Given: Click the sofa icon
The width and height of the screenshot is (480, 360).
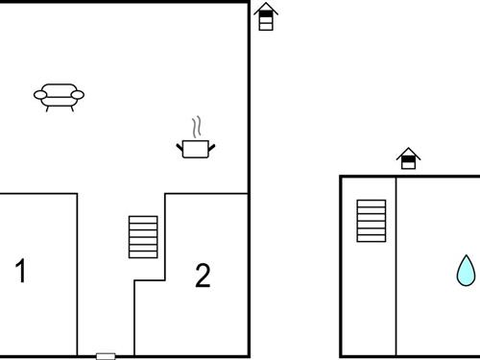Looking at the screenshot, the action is (59, 95).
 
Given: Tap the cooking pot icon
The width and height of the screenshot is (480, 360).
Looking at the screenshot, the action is (196, 148).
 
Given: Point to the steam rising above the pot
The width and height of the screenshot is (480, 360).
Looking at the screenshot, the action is (196, 128).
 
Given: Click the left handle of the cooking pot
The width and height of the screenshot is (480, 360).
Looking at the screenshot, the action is (180, 145).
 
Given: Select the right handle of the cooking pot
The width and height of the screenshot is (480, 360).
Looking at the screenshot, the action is (212, 145).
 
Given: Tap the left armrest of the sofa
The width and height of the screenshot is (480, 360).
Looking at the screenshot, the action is (39, 94).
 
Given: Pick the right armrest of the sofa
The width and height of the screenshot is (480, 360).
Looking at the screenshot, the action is (78, 94).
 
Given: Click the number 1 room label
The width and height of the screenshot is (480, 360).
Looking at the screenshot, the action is (20, 272).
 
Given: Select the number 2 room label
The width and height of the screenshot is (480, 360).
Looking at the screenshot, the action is (202, 276).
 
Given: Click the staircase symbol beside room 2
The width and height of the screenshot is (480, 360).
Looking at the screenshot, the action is (143, 237).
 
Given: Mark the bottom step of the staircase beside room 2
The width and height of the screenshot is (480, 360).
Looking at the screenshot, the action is (143, 253).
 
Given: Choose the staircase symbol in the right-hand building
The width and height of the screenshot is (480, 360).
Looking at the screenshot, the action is (371, 221).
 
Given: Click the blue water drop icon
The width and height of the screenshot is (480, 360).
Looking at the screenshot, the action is (466, 271).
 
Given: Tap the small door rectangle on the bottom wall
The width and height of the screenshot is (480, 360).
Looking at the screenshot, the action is (106, 356).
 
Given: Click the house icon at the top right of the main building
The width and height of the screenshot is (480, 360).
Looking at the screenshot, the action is (266, 17).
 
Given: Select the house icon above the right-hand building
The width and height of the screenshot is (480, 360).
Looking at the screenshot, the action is (408, 158).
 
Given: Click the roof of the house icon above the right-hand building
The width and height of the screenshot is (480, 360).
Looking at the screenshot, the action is (408, 152).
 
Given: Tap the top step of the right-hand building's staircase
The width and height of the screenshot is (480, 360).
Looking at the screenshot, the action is (371, 204).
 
